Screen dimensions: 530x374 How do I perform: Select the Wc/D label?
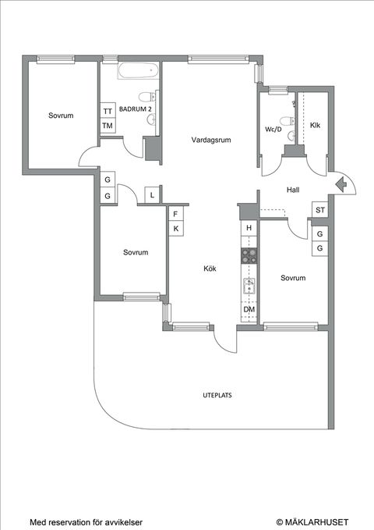pyautogui.click(x=273, y=129)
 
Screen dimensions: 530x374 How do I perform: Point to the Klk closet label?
pyautogui.click(x=315, y=125)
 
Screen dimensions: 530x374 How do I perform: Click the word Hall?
pyautogui.click(x=293, y=190)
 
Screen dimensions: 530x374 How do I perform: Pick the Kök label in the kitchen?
pyautogui.click(x=210, y=269)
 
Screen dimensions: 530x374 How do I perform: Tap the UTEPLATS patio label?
pyautogui.click(x=212, y=396)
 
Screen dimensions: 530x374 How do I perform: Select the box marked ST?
pyautogui.click(x=319, y=210)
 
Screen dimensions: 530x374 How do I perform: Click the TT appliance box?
pyautogui.click(x=108, y=111)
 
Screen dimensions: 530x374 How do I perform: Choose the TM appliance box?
pyautogui.click(x=108, y=126)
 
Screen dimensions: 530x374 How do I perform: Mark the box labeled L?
pyautogui.click(x=152, y=194)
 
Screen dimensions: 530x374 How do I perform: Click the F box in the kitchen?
pyautogui.click(x=176, y=214)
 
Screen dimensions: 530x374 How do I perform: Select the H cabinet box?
pyautogui.click(x=249, y=228)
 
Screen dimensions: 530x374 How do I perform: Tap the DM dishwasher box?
pyautogui.click(x=249, y=310)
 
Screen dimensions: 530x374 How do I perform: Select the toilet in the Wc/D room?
pyautogui.click(x=288, y=121)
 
